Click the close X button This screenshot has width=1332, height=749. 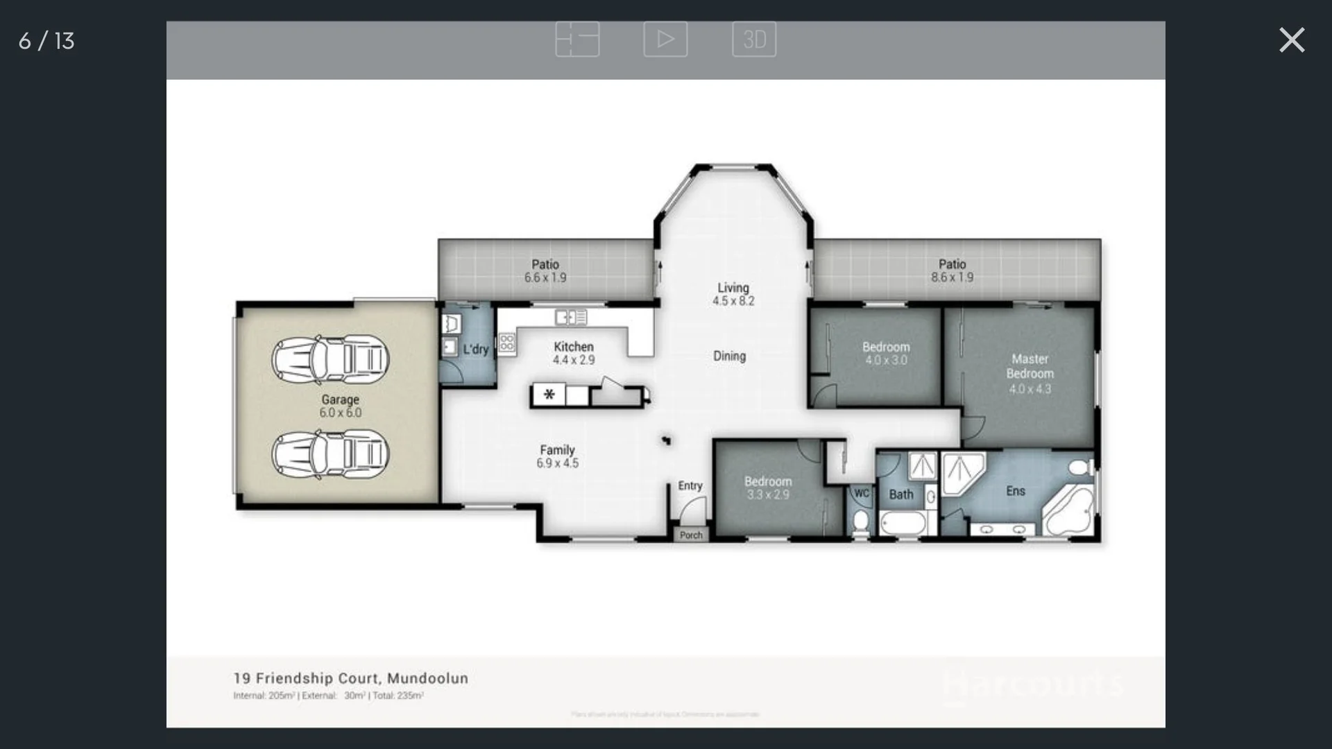[x=1291, y=40]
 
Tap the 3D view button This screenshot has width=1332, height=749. [x=753, y=40]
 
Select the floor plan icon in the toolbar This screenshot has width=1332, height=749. [x=577, y=40]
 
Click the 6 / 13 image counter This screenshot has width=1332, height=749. [x=46, y=41]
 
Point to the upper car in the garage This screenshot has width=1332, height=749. [x=330, y=359]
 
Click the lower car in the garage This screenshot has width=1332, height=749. [x=330, y=454]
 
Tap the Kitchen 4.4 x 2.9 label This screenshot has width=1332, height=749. [x=574, y=353]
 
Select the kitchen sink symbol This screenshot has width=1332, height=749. [x=571, y=318]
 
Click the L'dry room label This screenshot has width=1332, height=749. [x=476, y=350]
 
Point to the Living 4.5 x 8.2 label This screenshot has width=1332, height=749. [x=733, y=294]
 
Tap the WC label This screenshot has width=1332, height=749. [x=861, y=494]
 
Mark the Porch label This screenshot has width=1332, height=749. [x=691, y=535]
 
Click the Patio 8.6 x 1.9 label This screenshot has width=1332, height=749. [x=952, y=270]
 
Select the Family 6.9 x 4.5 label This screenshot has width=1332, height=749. [x=557, y=456]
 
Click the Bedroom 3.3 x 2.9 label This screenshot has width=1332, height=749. [x=767, y=488]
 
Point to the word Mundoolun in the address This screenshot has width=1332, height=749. [x=427, y=678]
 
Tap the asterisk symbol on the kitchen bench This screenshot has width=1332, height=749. [x=549, y=395]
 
